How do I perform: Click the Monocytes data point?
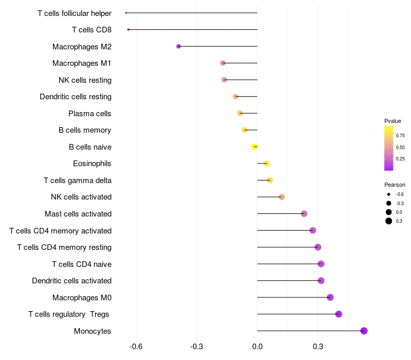364,331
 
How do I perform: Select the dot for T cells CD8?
128,29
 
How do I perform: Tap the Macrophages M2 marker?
178,46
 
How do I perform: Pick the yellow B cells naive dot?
254,147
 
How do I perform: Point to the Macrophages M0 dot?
330,297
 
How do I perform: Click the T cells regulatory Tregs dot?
339,314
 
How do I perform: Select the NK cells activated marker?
282,197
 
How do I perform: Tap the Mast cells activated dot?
304,213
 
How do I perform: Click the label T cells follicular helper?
74,13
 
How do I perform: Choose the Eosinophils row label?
92,164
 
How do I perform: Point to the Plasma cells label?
90,113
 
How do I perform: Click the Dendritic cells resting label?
76,97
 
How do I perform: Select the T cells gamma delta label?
78,181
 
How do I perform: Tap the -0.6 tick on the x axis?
136,346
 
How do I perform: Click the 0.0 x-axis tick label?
257,346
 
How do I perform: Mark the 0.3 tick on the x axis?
317,346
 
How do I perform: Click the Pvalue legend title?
393,121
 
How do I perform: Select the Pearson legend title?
395,185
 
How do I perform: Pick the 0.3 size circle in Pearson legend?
389,221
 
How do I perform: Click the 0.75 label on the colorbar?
400,136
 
